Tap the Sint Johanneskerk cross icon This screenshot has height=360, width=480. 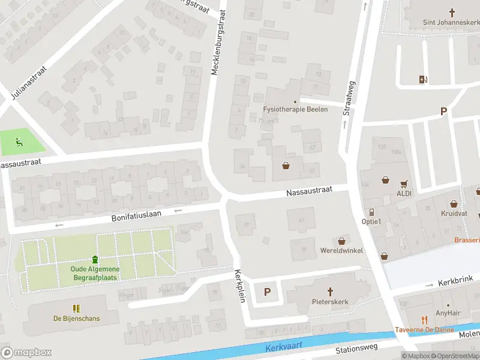[453, 12]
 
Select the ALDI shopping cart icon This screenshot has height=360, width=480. [404, 184]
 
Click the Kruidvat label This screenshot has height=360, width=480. [454, 213]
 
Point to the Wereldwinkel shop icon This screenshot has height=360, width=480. [343, 239]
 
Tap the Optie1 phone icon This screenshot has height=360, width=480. [371, 212]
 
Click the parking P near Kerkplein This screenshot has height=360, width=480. [268, 292]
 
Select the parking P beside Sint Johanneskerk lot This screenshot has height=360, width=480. [444, 111]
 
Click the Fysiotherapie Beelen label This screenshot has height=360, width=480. [295, 109]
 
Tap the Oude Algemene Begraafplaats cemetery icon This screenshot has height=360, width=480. [94, 259]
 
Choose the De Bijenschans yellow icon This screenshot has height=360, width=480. [76, 308]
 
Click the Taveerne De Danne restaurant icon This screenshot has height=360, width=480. [424, 320]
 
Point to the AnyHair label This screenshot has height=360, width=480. [447, 313]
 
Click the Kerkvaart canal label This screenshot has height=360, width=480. [284, 347]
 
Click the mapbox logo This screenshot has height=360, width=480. [26, 353]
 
